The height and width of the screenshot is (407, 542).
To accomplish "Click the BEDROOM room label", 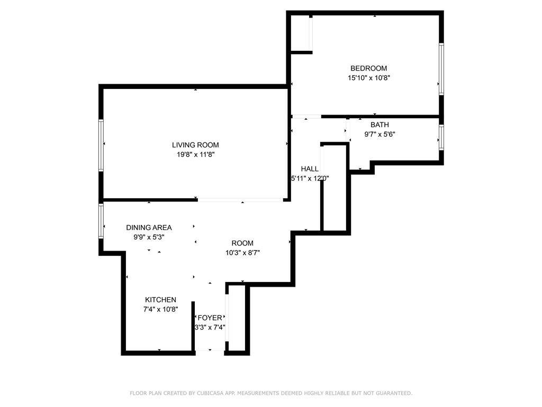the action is pos(368,68).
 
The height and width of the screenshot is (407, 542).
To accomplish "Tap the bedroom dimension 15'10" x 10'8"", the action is pos(369,78).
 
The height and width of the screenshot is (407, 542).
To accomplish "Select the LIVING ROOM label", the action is pos(195,145).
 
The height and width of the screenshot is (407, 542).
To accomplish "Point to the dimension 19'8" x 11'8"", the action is pos(196,155).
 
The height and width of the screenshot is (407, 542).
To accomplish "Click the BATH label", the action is pos(380,125).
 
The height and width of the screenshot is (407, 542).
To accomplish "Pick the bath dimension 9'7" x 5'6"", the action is pos(380,134).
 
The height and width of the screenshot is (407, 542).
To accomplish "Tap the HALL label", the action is pos(310,169).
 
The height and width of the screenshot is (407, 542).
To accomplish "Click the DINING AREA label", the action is pos(149,227).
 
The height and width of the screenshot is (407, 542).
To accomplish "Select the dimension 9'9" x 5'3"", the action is pos(149,237).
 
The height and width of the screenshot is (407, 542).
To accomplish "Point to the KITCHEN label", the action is pos(160,300).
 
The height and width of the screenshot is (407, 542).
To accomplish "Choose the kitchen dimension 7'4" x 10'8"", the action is pos(161,309).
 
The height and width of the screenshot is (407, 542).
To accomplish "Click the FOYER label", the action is pos(210,318).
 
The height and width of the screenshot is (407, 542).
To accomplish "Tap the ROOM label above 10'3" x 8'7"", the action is pos(242,243).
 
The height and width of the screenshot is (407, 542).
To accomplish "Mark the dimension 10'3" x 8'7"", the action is pos(242,253).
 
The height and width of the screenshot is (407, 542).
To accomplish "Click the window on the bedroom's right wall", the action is pos(441,69).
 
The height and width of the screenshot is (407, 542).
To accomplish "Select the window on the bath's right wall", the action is pos(441,137).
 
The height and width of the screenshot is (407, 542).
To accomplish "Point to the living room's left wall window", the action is pos(101,145).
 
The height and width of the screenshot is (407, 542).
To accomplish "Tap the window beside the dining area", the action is pos(101,221).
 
